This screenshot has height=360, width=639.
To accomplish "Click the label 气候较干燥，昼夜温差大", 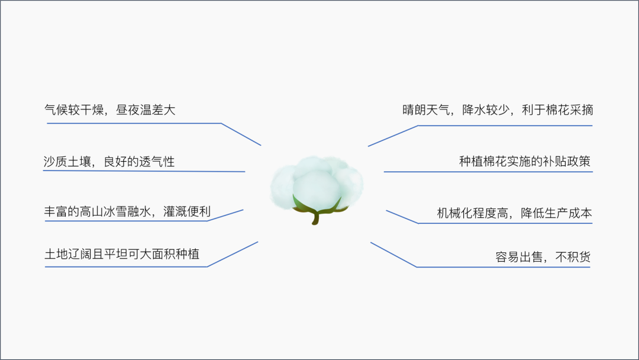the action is click(109, 110).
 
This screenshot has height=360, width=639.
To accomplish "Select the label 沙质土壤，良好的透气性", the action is click(109, 162).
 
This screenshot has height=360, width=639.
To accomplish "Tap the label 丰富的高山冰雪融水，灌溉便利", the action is click(127, 211).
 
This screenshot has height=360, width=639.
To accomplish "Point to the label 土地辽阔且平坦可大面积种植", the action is click(122, 254).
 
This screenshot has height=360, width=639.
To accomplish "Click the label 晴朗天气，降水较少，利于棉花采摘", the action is click(498, 110).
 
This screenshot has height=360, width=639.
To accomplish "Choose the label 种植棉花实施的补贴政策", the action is click(525, 161).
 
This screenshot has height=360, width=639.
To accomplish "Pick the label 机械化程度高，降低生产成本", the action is click(514, 213).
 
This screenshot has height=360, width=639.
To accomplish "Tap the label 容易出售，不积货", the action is click(543, 257).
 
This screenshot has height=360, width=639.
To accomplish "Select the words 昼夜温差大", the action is click(146, 110).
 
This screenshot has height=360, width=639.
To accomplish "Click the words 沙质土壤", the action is click(67, 162).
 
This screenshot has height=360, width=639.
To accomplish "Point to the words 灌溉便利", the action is click(187, 211).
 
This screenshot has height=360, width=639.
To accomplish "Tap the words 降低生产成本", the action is click(556, 213).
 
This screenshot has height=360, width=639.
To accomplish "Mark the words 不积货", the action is click(573, 257).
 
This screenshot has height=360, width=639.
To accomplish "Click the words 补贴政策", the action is click(567, 161).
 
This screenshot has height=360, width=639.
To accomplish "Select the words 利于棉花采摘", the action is click(557, 110).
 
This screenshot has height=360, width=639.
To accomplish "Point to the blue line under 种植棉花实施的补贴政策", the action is click(488, 172).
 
